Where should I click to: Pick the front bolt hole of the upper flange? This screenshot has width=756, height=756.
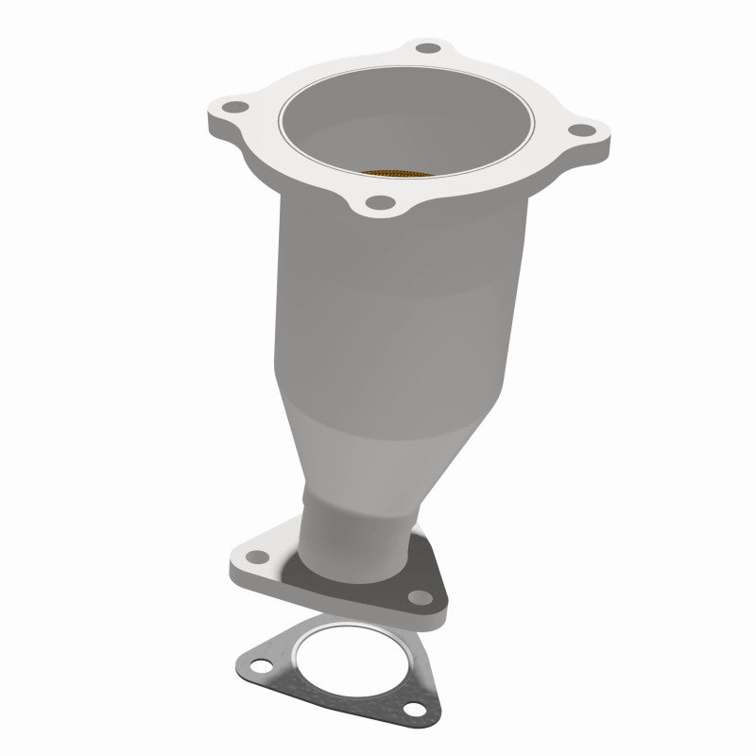click(x=379, y=200)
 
